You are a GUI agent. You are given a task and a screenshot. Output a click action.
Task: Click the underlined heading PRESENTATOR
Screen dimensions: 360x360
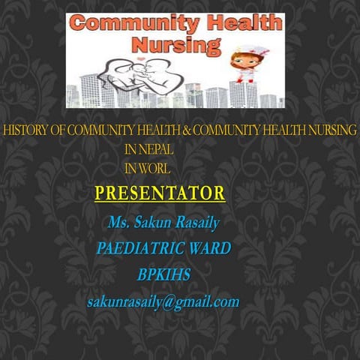160,193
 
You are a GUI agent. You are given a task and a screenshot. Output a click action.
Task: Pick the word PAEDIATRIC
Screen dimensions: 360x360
140,248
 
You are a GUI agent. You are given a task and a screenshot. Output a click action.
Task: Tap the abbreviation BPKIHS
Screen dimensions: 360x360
163,275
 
